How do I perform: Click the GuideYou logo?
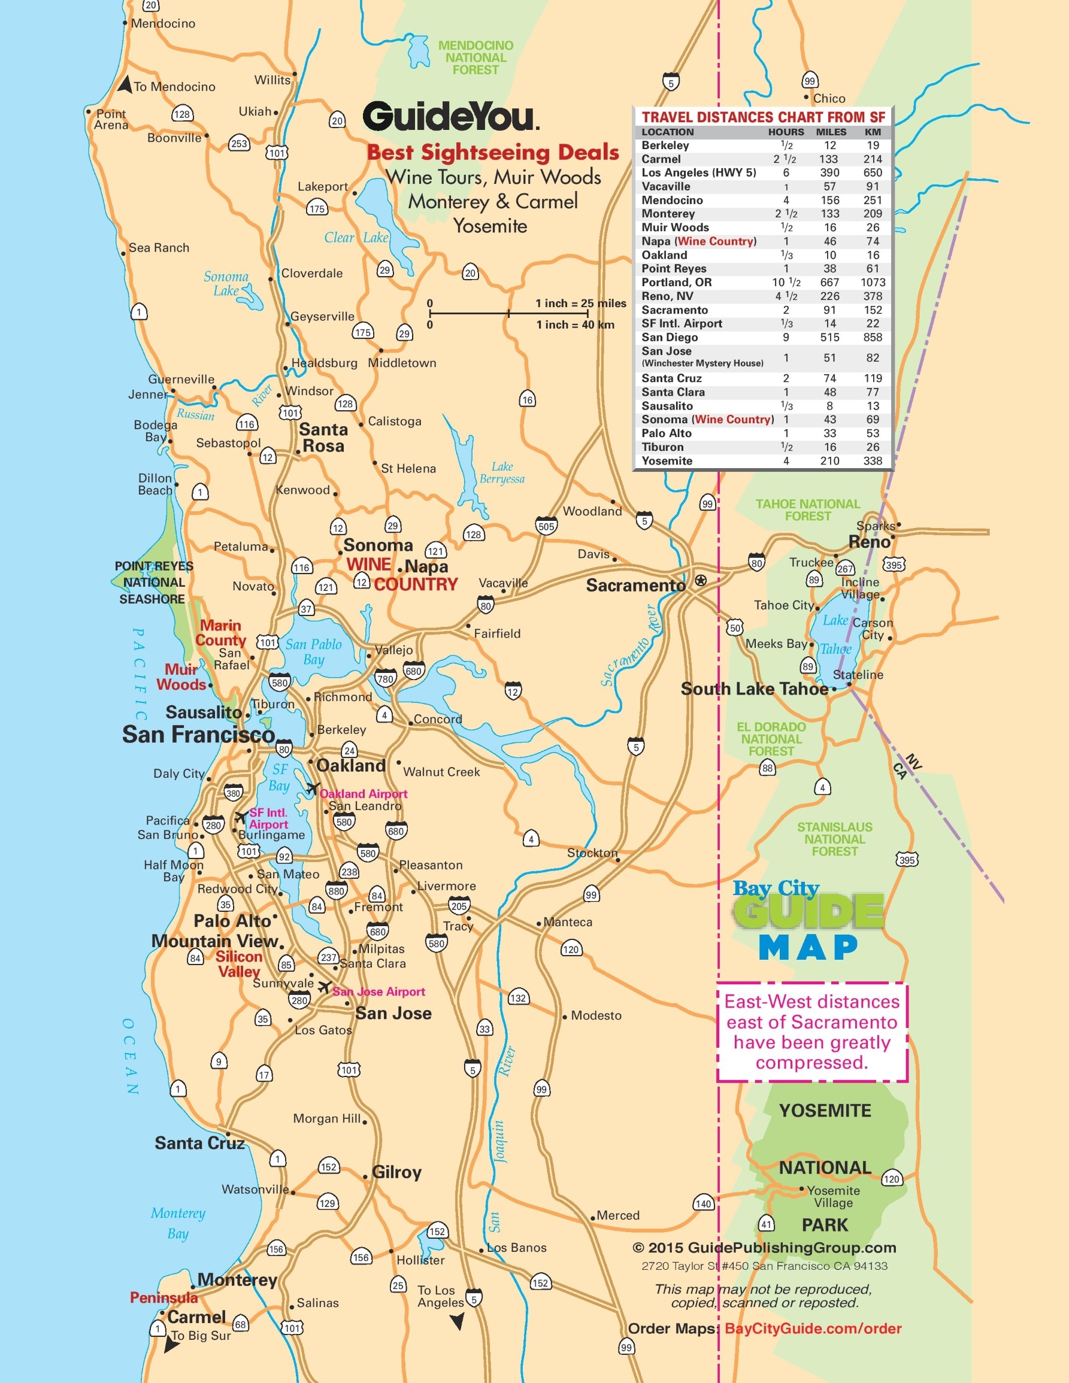(x=450, y=117)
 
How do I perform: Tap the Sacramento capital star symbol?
(x=701, y=580)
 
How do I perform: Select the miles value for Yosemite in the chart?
(x=829, y=461)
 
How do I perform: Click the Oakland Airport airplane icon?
(x=312, y=788)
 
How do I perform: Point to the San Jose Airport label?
(x=378, y=991)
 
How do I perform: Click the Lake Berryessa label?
(x=502, y=472)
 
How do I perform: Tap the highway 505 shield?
(x=546, y=526)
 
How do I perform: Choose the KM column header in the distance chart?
(x=872, y=132)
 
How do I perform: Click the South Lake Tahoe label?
(x=753, y=689)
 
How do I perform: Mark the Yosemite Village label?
(x=833, y=1196)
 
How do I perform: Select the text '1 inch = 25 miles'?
(x=580, y=304)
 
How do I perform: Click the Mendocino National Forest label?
(x=476, y=57)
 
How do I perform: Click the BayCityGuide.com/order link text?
(x=813, y=1329)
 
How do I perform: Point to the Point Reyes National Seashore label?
(x=153, y=582)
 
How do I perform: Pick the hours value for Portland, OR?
(x=786, y=283)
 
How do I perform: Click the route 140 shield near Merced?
(x=704, y=1203)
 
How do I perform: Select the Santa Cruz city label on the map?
(x=199, y=1143)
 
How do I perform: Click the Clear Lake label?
(x=356, y=238)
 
